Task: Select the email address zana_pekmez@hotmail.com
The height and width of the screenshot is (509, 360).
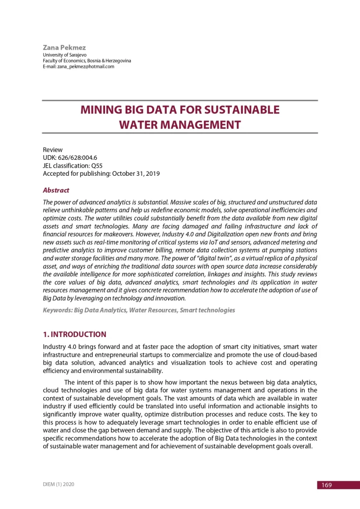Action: tap(85, 67)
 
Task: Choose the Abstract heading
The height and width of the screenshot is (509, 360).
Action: tap(56, 190)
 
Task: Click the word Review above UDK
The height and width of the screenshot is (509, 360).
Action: tap(52, 150)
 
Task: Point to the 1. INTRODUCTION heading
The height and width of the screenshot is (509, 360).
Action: tap(75, 335)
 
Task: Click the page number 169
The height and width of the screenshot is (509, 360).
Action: tap(326, 485)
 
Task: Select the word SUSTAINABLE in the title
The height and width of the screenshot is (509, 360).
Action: tap(234, 110)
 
